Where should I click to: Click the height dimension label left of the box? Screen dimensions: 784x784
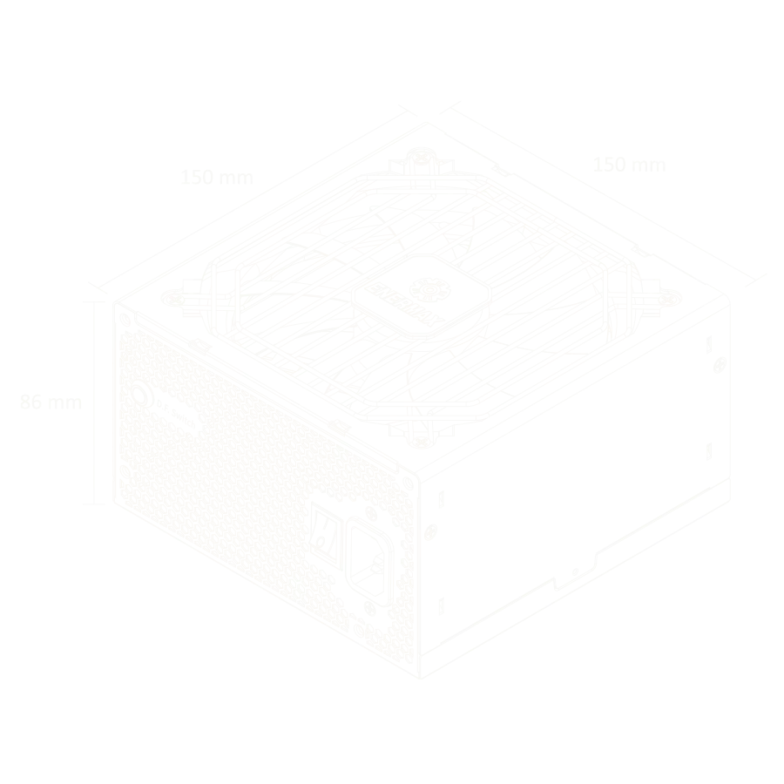point(48,402)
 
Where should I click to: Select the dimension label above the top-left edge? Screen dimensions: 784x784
point(219,177)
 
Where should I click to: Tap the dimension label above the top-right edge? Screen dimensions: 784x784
point(631,164)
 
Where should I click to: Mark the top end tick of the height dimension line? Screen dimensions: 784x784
point(95,301)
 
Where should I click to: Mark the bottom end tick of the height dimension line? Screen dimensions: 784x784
point(95,504)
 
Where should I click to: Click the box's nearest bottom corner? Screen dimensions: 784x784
point(421,675)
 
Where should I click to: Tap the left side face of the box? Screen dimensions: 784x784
point(261,470)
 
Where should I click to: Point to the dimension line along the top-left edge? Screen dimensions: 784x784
point(253,196)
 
